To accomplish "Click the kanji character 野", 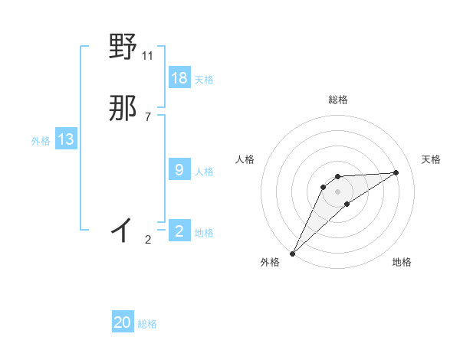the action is click(x=123, y=47).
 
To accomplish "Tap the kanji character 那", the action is click(x=123, y=110).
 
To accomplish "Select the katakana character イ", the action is click(x=123, y=228).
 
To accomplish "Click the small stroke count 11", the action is click(x=148, y=55).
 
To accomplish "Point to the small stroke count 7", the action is click(x=148, y=116).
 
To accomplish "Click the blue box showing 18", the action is click(x=179, y=78).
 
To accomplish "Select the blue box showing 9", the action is click(x=179, y=170).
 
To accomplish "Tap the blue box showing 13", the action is click(x=66, y=139).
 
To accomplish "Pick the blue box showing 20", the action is click(x=123, y=322).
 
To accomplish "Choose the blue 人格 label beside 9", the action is click(x=204, y=172).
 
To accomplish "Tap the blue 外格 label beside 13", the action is click(x=41, y=141).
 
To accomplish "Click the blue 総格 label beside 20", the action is click(x=147, y=324).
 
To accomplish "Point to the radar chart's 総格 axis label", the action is click(x=338, y=100).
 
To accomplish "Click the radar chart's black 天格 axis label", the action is click(x=432, y=159).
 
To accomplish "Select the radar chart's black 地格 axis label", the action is click(x=402, y=262).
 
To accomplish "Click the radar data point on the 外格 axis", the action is click(x=293, y=253).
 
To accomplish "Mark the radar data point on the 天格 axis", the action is click(x=396, y=172).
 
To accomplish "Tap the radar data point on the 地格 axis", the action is click(x=347, y=204).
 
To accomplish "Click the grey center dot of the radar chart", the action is click(x=338, y=191).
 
